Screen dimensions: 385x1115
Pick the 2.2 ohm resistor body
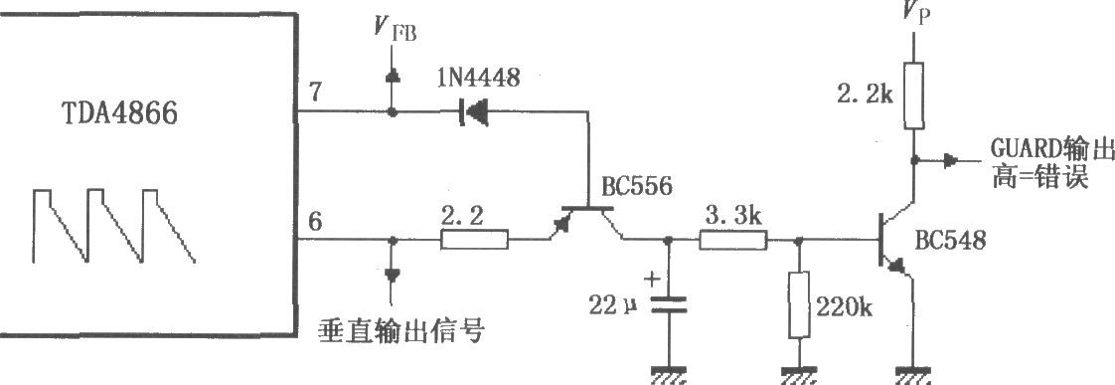click(x=473, y=240)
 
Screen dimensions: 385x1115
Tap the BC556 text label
click(x=636, y=186)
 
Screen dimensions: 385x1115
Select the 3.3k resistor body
click(x=733, y=240)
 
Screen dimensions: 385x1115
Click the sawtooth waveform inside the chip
click(x=110, y=226)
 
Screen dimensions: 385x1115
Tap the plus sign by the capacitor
click(x=653, y=280)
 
